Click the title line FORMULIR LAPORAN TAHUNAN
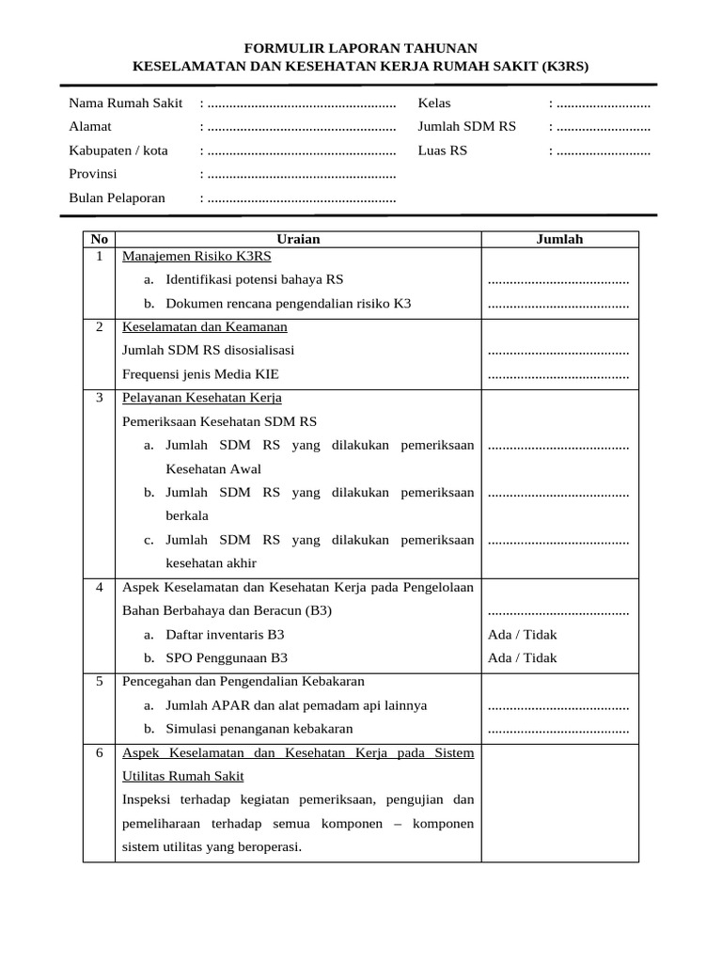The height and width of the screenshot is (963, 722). [x=361, y=48]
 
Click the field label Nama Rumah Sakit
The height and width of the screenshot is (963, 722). [x=126, y=102]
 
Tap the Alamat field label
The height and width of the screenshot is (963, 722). [x=90, y=126]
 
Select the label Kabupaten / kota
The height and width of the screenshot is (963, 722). [x=118, y=150]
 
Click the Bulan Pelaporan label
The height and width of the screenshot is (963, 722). [x=117, y=197]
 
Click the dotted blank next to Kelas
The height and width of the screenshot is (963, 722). [x=602, y=103]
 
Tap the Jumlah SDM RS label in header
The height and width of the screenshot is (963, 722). [x=467, y=126]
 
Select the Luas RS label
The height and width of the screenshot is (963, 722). [x=443, y=150]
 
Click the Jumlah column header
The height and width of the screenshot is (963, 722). [x=559, y=239]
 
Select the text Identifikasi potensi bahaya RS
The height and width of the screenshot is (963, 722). [x=254, y=279]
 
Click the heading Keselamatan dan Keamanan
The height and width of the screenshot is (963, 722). [x=205, y=327]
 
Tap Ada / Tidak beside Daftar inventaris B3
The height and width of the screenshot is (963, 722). [x=522, y=635]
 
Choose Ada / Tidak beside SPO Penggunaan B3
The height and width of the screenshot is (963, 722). [x=522, y=658]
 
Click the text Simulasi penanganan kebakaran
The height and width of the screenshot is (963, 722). [x=259, y=729]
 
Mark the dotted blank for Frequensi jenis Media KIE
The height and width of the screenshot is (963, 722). [x=558, y=375]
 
